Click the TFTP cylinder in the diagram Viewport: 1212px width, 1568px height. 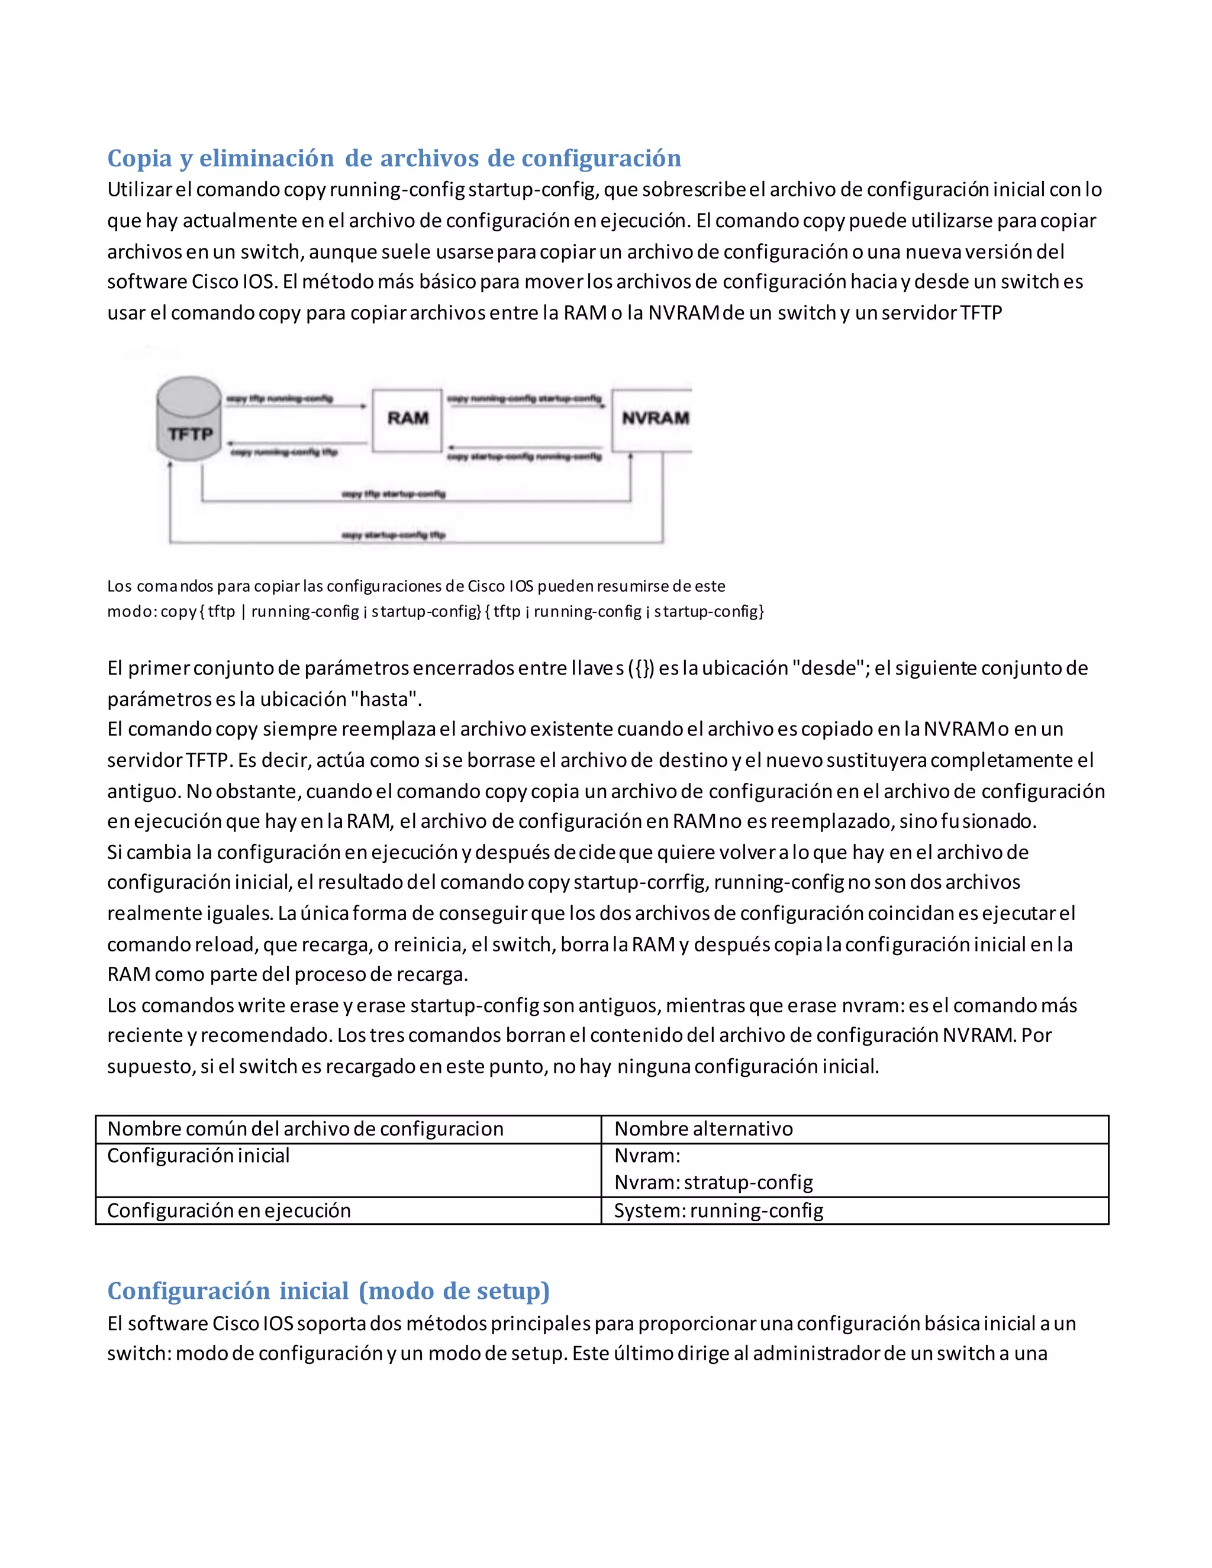[189, 420]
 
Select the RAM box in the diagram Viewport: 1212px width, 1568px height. [407, 420]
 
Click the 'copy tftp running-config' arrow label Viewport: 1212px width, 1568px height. [279, 398]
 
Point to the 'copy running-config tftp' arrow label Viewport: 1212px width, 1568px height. [283, 452]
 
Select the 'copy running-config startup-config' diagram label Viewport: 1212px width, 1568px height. [524, 398]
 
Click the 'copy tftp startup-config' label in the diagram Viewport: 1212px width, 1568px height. [394, 494]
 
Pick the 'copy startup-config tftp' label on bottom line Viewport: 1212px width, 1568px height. [394, 535]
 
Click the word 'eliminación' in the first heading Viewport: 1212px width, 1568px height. [266, 158]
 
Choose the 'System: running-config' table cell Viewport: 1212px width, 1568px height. [718, 1211]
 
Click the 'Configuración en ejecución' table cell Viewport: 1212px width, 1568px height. [229, 1211]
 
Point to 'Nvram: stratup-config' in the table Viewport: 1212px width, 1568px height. [713, 1182]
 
